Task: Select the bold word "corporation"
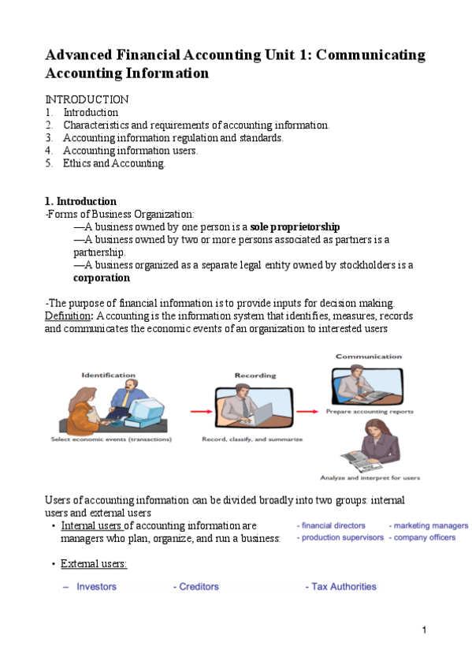[102, 278]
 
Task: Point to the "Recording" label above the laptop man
[254, 376]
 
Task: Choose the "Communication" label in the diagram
[368, 357]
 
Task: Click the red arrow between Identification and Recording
[202, 411]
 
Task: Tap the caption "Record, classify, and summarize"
[252, 439]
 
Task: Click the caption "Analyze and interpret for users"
[370, 477]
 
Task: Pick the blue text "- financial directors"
[331, 525]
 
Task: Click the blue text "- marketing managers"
[428, 525]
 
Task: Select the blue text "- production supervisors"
[340, 537]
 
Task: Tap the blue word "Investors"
[96, 587]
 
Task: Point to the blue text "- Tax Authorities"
[340, 587]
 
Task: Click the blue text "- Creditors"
[196, 587]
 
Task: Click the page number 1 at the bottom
[424, 630]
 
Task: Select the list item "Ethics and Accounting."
[114, 163]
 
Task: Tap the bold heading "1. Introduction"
[81, 201]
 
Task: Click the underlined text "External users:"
[94, 564]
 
